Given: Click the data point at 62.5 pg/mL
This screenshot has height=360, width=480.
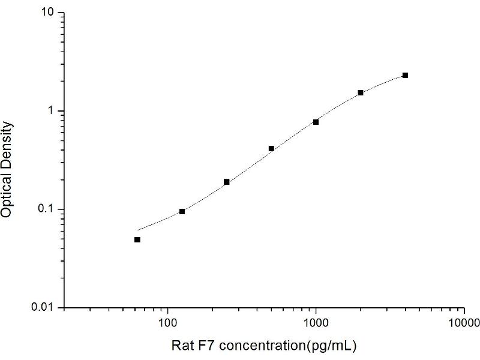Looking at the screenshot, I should tap(137, 239).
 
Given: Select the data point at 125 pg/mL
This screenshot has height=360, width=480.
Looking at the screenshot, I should tap(182, 211).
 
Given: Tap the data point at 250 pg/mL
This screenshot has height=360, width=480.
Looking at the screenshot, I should tap(227, 182).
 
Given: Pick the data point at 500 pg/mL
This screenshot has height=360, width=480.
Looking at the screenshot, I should tap(271, 148).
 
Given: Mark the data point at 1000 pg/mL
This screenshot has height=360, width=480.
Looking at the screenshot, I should tap(316, 122).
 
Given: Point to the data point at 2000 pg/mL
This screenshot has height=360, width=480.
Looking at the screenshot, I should tap(361, 92).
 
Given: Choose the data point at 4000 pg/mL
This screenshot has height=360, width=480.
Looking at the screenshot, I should tap(405, 75).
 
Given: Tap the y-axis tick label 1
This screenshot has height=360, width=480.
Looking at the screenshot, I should tap(53, 111).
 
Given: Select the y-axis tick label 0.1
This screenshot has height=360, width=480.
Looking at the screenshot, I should tap(49, 209).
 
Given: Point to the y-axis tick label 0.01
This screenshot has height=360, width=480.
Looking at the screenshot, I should tap(46, 307).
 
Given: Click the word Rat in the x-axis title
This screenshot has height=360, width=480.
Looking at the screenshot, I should tap(181, 346).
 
